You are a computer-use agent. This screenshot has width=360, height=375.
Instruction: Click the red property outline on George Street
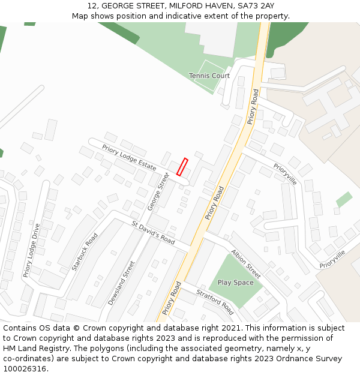click(x=182, y=167)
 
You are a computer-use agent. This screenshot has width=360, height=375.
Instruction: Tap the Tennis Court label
click(x=209, y=76)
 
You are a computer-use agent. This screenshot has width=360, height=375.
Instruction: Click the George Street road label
click(x=159, y=191)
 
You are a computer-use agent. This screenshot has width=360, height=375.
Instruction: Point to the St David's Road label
click(x=153, y=232)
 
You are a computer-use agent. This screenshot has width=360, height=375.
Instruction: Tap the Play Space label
click(x=235, y=283)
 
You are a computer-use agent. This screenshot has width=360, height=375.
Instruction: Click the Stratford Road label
click(x=215, y=301)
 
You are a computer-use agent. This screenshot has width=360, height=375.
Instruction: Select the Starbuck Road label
click(x=85, y=252)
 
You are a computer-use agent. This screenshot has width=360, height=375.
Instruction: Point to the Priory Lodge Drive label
click(x=31, y=250)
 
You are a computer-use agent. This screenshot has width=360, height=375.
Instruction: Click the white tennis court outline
click(x=211, y=76)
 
